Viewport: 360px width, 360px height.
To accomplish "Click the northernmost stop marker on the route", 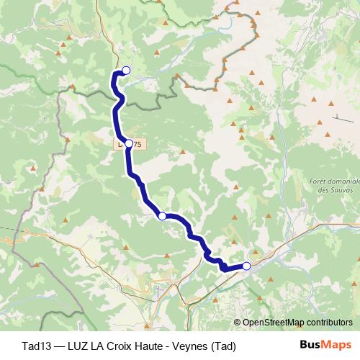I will (126, 70).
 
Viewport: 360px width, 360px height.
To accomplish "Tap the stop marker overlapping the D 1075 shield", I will (129, 144).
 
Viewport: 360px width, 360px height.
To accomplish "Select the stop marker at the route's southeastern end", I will (246, 266).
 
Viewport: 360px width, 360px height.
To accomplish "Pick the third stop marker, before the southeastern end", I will (162, 216).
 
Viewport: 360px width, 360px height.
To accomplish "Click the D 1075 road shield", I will (134, 144).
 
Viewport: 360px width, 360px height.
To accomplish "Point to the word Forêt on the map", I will (320, 181).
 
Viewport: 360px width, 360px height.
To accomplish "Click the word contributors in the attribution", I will (329, 323).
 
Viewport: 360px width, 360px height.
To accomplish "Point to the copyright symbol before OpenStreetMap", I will (238, 323).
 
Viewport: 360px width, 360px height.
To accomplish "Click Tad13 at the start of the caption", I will (36, 346).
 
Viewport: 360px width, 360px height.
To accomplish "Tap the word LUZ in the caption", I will (77, 346).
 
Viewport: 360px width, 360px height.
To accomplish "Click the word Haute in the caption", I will (148, 346).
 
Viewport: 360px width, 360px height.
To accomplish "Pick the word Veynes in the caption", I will (187, 346).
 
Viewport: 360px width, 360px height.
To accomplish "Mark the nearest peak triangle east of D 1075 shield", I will (183, 152).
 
